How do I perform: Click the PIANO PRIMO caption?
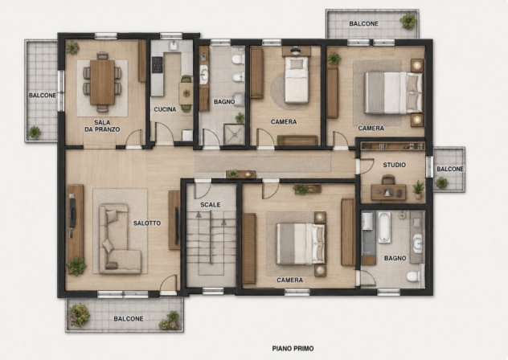pos(293,349)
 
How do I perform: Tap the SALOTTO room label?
pos(147,223)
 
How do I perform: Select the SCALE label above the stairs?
pos(211,205)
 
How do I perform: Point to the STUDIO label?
pos(395,165)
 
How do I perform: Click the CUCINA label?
pos(165,109)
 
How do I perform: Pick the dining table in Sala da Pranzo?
pos(102,82)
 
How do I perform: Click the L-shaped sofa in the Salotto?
pos(119,239)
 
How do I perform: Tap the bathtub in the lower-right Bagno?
pos(384,227)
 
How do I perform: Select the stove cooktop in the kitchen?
pos(158,64)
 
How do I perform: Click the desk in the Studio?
pos(388,192)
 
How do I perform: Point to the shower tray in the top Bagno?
pos(234,135)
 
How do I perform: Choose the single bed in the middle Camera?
pos(296,80)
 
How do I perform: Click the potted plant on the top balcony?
pos(408,20)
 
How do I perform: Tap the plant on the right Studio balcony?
pos(441,182)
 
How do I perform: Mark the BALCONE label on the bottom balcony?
pos(129,319)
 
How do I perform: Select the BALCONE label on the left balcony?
pos(43,96)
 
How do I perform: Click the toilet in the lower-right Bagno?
pos(414,276)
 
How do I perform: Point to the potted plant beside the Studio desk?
pos(418,190)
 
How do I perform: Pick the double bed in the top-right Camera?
pos(393,92)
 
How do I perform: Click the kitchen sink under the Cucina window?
pos(174,46)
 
